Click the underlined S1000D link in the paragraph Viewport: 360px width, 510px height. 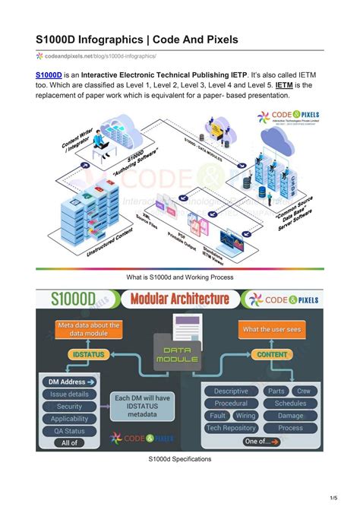tap(49, 75)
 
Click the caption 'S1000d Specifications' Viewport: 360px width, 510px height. tap(179, 459)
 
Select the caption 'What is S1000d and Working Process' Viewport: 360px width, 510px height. tap(179, 277)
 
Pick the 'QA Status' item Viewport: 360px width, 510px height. tap(70, 430)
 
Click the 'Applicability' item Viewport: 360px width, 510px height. tap(70, 419)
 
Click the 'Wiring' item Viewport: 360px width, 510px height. tap(245, 416)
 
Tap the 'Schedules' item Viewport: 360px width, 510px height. tap(290, 404)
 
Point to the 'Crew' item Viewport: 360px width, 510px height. tap(303, 391)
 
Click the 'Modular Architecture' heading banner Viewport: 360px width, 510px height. tap(179, 299)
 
